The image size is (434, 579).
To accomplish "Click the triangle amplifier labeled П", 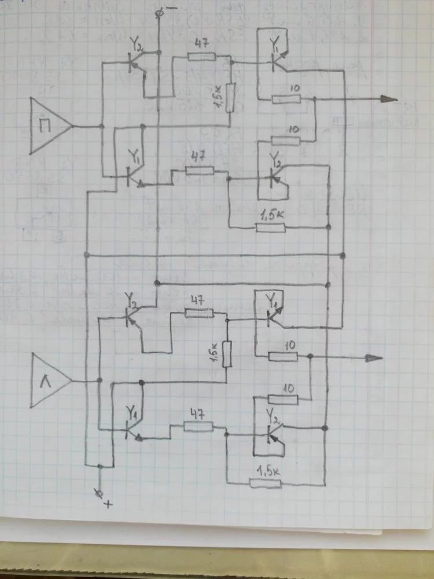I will [49, 126].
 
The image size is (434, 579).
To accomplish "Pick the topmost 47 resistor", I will [201, 57].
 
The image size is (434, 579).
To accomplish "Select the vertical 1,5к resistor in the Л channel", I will [227, 353].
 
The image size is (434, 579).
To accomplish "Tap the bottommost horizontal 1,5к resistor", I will [266, 483].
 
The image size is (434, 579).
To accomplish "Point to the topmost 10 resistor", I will [286, 99].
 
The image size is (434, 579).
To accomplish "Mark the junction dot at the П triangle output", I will [101, 126].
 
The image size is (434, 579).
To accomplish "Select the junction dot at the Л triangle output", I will [100, 380].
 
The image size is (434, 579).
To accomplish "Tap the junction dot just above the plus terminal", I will [101, 466].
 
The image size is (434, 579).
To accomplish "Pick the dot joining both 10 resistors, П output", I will [314, 100].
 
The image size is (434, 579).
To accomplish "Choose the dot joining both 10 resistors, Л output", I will [311, 357].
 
